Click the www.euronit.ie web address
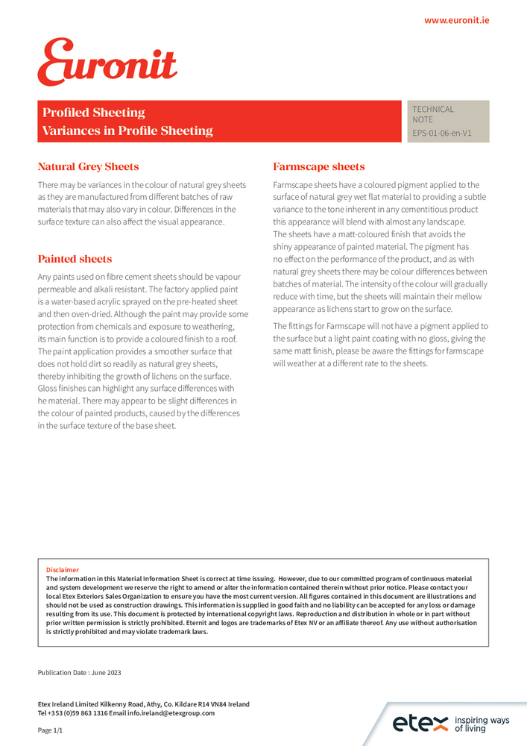[x=456, y=20]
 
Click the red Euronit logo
[x=107, y=62]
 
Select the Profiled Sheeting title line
[x=94, y=113]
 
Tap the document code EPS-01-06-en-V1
[x=442, y=134]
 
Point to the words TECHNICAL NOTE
[x=433, y=114]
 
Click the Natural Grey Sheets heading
[x=88, y=166]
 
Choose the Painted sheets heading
[x=75, y=259]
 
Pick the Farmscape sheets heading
[x=319, y=166]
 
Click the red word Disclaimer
[x=63, y=570]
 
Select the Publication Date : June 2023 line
[x=79, y=672]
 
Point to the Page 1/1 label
[x=51, y=730]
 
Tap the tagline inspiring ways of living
[x=482, y=724]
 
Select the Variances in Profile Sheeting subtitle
[x=127, y=131]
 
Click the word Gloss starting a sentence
[x=48, y=388]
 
